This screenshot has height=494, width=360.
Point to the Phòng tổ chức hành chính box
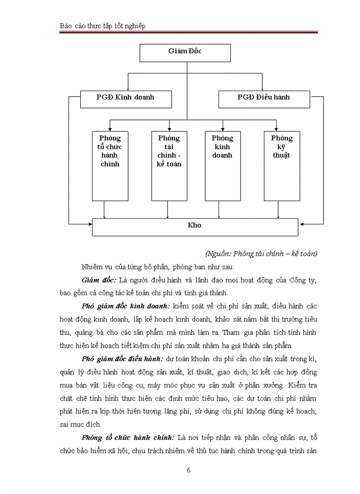pyautogui.click(x=110, y=165)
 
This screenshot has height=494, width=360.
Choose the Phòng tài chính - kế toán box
pyautogui.click(x=169, y=165)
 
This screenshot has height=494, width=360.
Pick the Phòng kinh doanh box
pyautogui.click(x=222, y=165)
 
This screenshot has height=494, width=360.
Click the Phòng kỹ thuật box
pyautogui.click(x=282, y=165)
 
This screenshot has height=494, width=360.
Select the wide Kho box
pyautogui.click(x=195, y=227)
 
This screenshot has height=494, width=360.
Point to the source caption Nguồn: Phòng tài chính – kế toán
pyautogui.click(x=261, y=253)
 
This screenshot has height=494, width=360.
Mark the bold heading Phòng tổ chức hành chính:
pyautogui.click(x=128, y=437)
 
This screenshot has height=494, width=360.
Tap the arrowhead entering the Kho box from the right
pyautogui.click(x=302, y=224)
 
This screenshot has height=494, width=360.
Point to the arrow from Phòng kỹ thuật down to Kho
pyautogui.click(x=278, y=209)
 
